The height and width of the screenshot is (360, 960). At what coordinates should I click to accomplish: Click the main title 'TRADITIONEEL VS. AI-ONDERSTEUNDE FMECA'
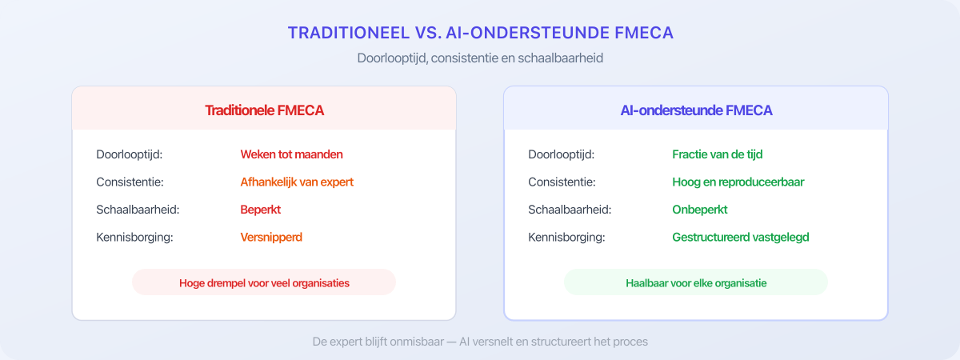pyautogui.click(x=480, y=33)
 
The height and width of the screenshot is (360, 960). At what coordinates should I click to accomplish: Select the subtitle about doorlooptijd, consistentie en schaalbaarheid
pyautogui.click(x=480, y=58)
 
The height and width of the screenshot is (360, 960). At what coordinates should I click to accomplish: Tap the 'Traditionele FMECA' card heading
pyautogui.click(x=264, y=110)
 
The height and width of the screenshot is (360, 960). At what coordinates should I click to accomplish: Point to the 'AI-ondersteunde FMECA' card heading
pyautogui.click(x=696, y=110)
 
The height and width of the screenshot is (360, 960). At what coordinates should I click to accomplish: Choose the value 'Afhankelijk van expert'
pyautogui.click(x=297, y=182)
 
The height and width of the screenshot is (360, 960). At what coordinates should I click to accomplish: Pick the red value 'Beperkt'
pyautogui.click(x=261, y=210)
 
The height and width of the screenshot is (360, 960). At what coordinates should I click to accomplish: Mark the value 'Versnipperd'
pyautogui.click(x=271, y=237)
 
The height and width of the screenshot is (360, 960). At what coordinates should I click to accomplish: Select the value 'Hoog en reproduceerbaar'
pyautogui.click(x=738, y=182)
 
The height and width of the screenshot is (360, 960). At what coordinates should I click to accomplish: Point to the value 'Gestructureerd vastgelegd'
pyautogui.click(x=741, y=237)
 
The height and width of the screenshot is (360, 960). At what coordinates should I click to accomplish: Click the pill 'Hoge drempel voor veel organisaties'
pyautogui.click(x=264, y=282)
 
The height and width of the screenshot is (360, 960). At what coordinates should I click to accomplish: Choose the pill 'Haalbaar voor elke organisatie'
pyautogui.click(x=695, y=282)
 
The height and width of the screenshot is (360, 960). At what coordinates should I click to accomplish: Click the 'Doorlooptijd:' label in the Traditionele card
pyautogui.click(x=129, y=154)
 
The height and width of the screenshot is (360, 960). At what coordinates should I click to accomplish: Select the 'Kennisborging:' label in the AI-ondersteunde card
pyautogui.click(x=566, y=237)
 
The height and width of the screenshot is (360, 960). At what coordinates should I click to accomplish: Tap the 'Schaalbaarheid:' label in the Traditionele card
pyautogui.click(x=136, y=210)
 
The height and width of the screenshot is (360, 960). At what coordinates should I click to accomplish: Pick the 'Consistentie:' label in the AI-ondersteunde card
pyautogui.click(x=562, y=182)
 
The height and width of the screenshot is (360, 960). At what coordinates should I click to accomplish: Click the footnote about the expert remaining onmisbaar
pyautogui.click(x=480, y=341)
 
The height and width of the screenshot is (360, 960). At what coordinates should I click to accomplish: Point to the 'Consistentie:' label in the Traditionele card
pyautogui.click(x=130, y=182)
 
